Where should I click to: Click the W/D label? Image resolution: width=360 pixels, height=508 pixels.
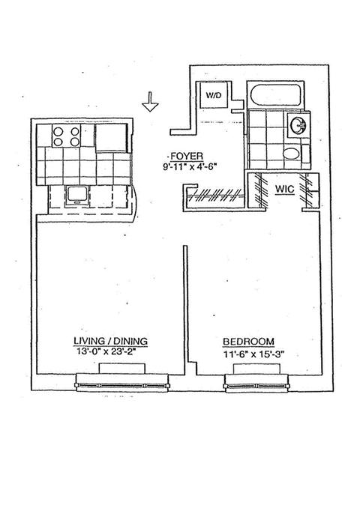tap(214, 96)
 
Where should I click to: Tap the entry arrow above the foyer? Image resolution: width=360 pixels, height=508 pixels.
tap(150, 101)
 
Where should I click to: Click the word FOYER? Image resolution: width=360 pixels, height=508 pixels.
tap(187, 157)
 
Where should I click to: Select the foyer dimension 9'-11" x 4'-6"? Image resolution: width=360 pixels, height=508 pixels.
tap(189, 167)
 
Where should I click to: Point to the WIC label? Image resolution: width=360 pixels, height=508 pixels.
tap(284, 189)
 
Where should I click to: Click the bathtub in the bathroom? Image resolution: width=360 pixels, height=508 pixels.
tap(275, 95)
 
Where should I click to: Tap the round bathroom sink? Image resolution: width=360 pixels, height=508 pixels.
tap(298, 125)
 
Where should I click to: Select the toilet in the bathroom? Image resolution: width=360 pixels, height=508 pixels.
tap(292, 154)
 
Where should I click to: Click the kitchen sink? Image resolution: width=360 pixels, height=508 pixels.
tap(76, 196)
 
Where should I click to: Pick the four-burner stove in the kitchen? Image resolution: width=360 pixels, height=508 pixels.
tap(67, 136)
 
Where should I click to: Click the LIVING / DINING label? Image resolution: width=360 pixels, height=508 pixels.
tap(110, 341)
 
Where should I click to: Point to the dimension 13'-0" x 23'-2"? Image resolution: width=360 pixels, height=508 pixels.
tap(106, 351)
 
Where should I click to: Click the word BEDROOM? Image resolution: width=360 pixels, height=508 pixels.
tap(248, 342)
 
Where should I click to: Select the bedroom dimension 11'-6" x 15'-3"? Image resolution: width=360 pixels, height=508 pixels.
tap(253, 354)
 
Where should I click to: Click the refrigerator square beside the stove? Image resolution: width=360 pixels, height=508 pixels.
tap(111, 137)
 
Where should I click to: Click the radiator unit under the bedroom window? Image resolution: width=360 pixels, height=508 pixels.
tap(256, 369)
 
